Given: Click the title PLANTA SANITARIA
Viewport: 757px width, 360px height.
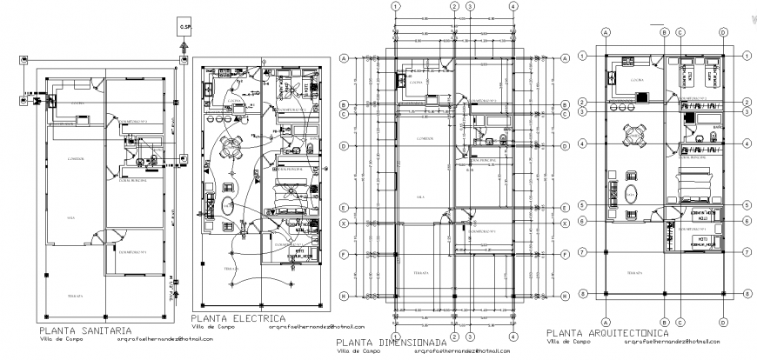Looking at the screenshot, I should click(x=85, y=330).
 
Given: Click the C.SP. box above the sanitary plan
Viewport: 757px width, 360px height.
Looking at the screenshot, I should click(x=184, y=26).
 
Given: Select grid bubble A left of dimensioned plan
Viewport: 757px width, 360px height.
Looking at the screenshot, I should click(x=345, y=57).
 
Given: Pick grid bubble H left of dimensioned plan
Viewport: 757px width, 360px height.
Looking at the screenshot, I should click(x=345, y=297).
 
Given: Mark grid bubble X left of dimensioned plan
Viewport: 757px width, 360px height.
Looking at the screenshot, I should click(x=345, y=223).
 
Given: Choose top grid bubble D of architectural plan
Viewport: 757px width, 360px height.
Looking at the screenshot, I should click(x=723, y=32).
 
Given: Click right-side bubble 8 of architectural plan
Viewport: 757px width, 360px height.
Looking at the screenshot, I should click(x=747, y=296).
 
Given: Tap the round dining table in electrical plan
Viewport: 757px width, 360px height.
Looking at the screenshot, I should click(x=230, y=145).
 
